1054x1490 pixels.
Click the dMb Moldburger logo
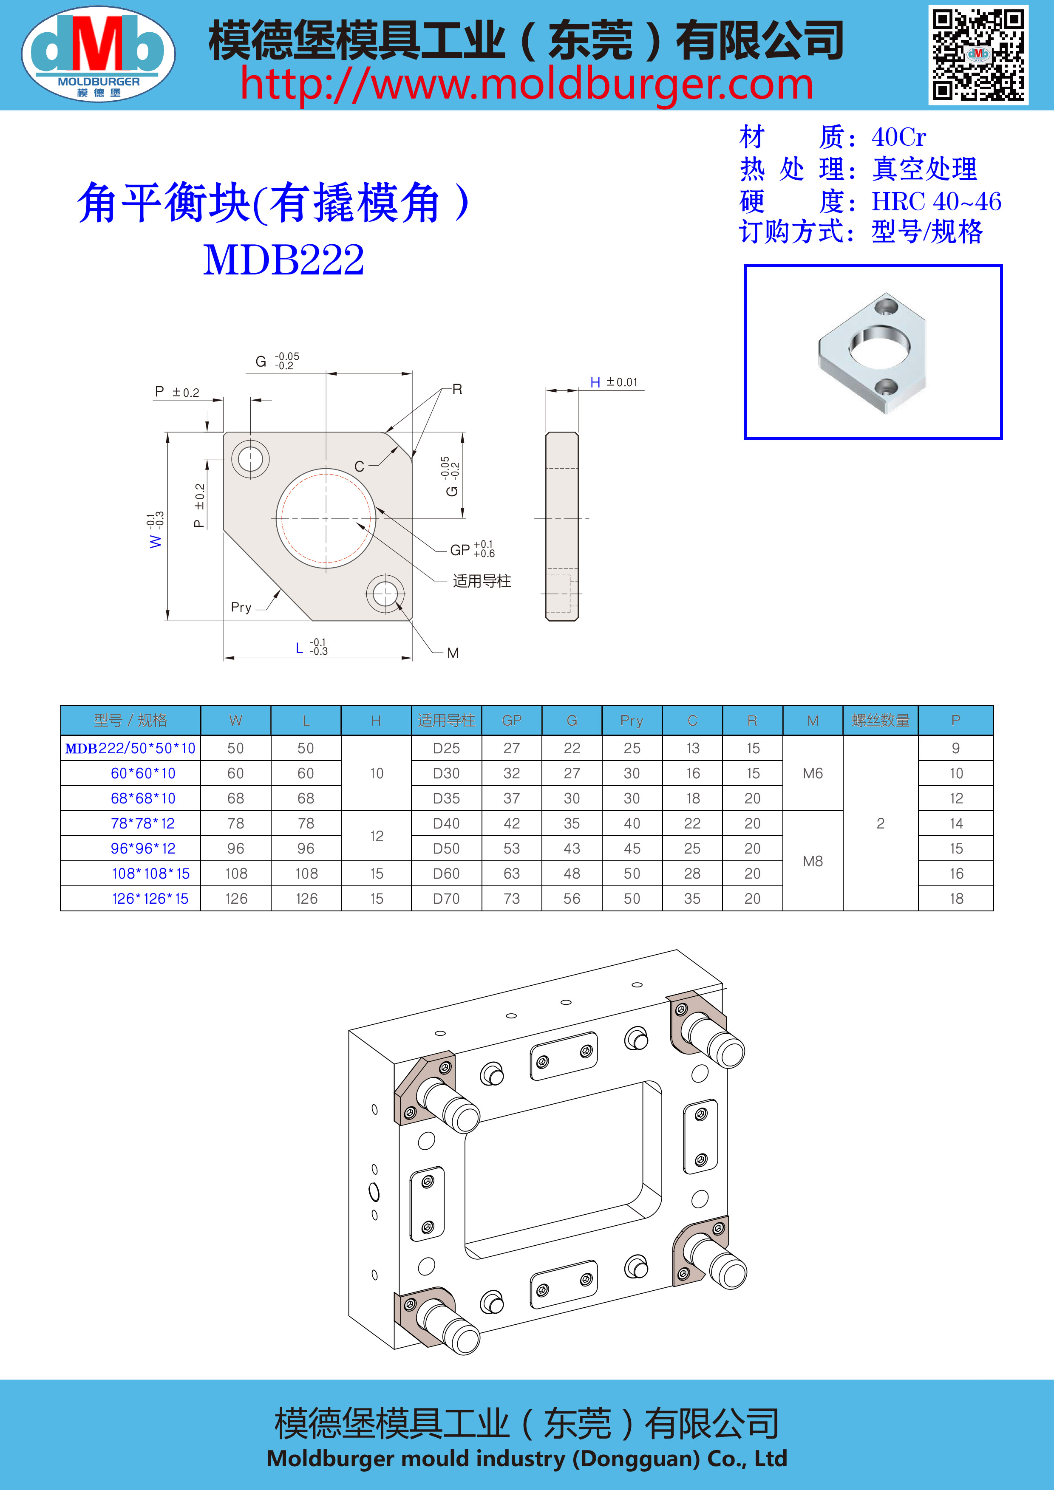click(x=98, y=53)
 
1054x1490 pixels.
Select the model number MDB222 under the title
click(x=283, y=260)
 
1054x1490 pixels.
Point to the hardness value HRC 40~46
click(x=936, y=201)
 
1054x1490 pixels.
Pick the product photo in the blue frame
click(x=873, y=352)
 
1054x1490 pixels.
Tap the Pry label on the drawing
click(x=241, y=608)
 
